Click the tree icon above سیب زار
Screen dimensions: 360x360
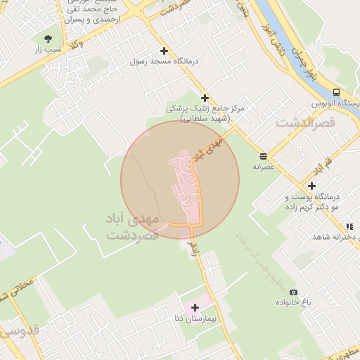pyautogui.click(x=48, y=39)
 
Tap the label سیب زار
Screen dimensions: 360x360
pyautogui.click(x=49, y=50)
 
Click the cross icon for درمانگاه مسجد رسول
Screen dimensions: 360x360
pyautogui.click(x=164, y=51)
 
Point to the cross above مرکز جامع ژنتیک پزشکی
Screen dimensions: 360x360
pyautogui.click(x=205, y=98)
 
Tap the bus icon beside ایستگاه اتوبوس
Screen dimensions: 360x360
pyautogui.click(x=336, y=92)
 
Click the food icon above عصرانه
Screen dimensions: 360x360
pyautogui.click(x=263, y=155)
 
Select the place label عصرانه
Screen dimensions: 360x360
pyautogui.click(x=267, y=167)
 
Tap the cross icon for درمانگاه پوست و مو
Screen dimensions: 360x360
pyautogui.click(x=311, y=186)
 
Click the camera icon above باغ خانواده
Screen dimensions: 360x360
pyautogui.click(x=293, y=292)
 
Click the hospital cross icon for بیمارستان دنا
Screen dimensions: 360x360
pyautogui.click(x=195, y=307)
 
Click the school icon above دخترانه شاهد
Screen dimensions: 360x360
pyautogui.click(x=349, y=226)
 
